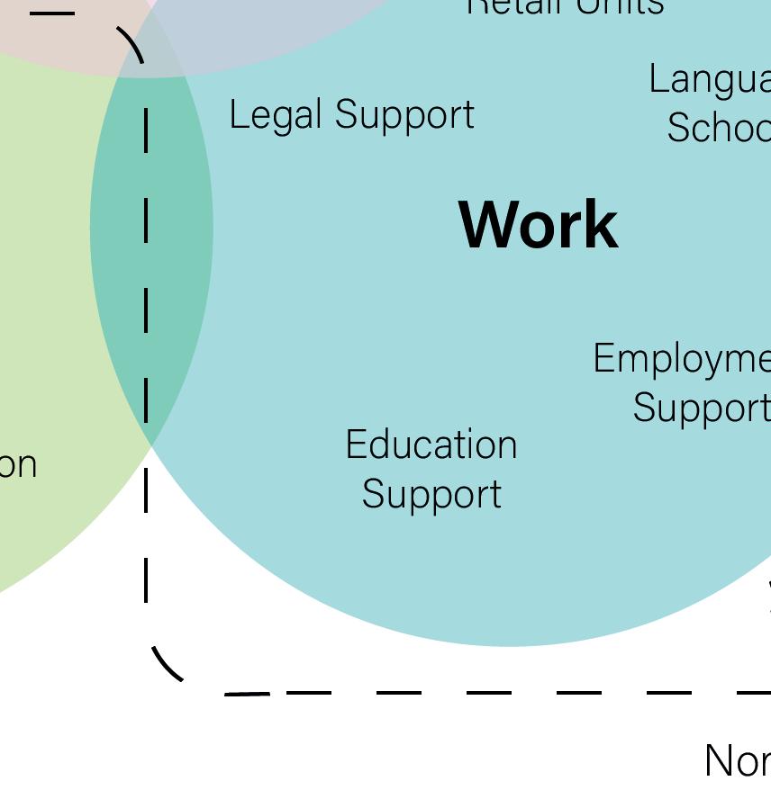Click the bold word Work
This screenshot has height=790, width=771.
[539, 225]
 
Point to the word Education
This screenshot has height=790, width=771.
[431, 445]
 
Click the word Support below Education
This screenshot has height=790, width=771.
[431, 494]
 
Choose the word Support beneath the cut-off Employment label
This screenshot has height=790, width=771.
[701, 408]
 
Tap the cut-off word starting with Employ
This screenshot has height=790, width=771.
[682, 360]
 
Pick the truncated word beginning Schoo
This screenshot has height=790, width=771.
[718, 127]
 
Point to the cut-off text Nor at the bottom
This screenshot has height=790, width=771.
[737, 761]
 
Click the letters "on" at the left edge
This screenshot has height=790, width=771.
[18, 465]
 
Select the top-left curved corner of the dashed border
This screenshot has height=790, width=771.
[132, 41]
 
